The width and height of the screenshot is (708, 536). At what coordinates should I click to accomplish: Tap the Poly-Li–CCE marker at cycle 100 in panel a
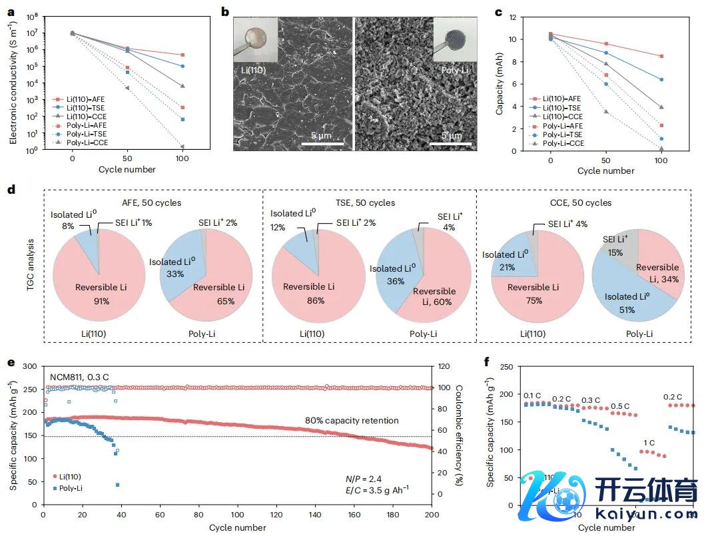click(x=182, y=146)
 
